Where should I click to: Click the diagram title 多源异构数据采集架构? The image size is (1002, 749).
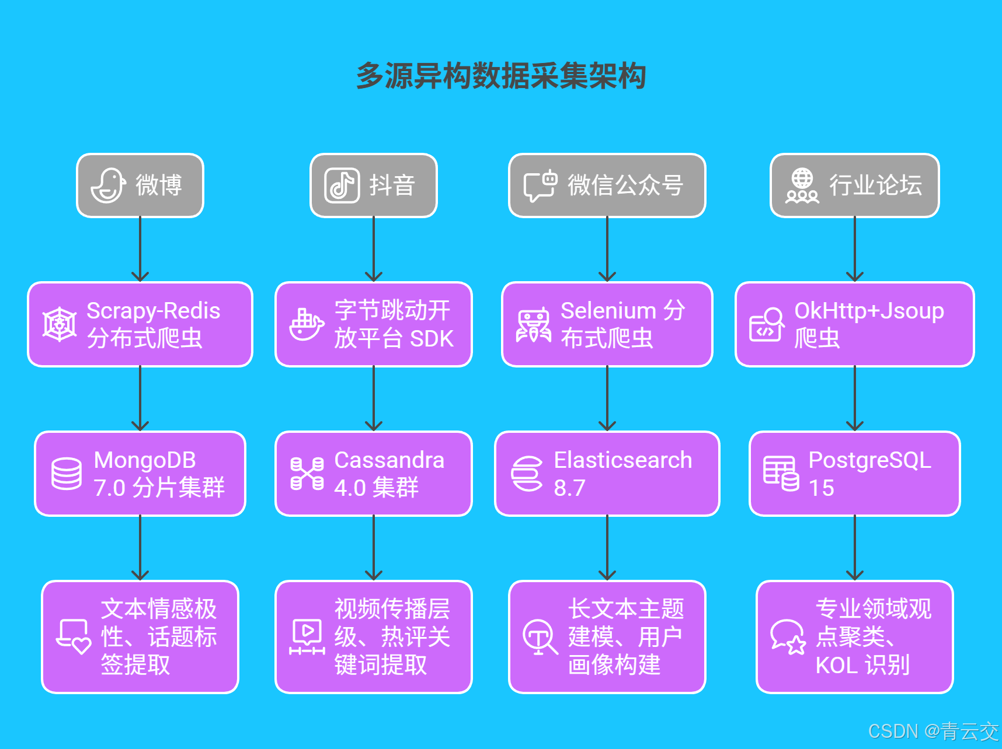tap(501, 76)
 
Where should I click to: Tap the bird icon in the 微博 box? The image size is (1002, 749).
tap(108, 185)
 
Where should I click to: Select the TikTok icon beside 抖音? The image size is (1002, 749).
tap(342, 185)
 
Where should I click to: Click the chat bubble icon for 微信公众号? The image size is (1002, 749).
tap(540, 185)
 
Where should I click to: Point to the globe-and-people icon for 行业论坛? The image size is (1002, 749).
tap(802, 185)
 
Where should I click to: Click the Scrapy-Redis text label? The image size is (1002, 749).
tap(153, 310)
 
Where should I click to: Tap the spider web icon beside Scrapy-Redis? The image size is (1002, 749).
tap(60, 324)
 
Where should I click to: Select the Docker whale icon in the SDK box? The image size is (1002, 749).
tap(307, 324)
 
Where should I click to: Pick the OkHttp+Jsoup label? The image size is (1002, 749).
tap(869, 310)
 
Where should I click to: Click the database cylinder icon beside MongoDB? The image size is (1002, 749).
tap(67, 474)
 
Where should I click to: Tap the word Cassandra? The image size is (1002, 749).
tap(389, 460)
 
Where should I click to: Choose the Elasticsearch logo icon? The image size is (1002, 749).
tap(527, 474)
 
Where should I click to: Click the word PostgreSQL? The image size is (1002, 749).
tap(869, 460)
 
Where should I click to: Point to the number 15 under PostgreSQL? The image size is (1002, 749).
tap(821, 488)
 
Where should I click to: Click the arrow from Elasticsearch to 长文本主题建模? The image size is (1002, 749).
tap(607, 548)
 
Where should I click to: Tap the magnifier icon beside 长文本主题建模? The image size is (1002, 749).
tap(540, 637)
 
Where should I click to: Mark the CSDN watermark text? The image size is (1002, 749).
tap(933, 731)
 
